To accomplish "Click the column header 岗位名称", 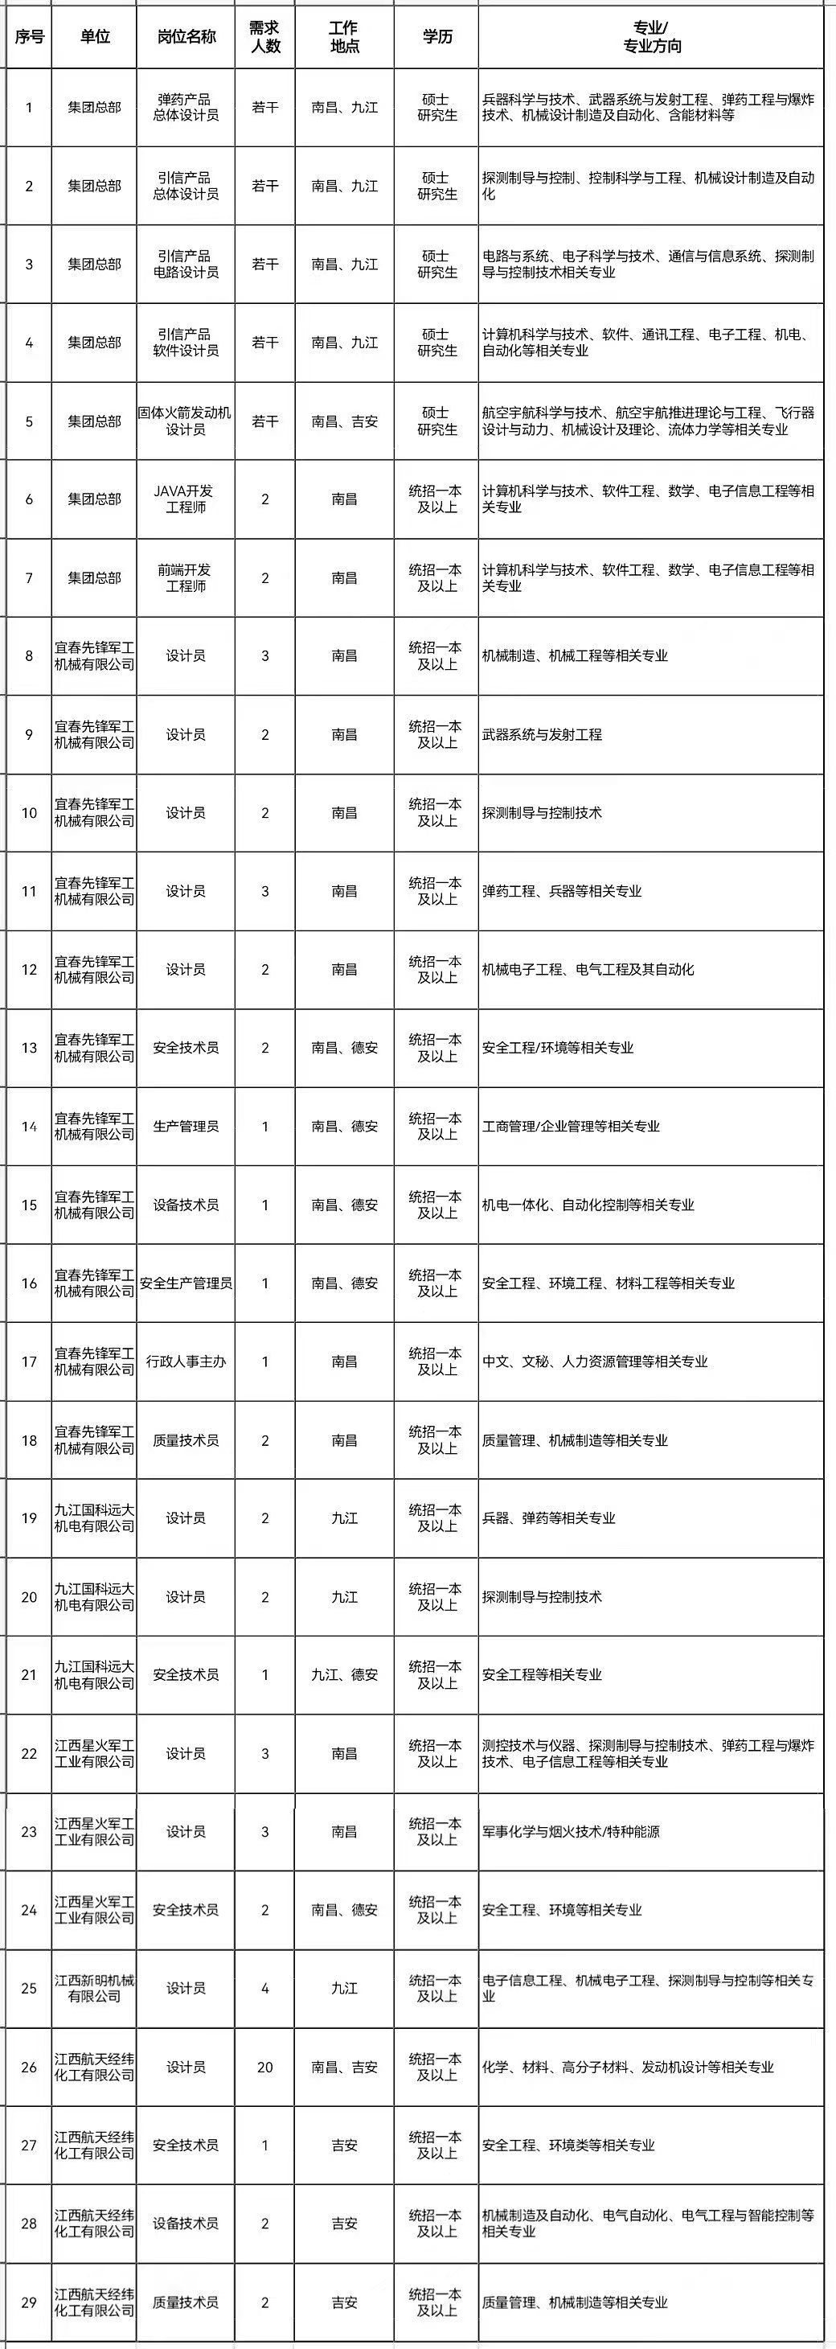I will [x=186, y=37].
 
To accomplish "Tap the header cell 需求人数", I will [x=265, y=37].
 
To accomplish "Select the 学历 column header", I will [x=436, y=37].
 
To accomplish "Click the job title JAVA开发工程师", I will [x=186, y=499].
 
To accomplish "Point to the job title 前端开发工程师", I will [x=186, y=577].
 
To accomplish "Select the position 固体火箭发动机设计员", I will [x=186, y=421].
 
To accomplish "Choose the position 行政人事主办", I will [x=186, y=1361].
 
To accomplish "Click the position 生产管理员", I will [x=186, y=1126].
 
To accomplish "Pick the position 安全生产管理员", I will [x=186, y=1283].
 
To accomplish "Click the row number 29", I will [x=28, y=2302].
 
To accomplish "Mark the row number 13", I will [x=28, y=1048].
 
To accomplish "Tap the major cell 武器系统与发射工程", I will [x=542, y=734].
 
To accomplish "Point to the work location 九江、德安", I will [x=345, y=1675].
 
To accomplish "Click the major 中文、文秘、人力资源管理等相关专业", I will [x=594, y=1361].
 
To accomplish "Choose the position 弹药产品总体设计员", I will [x=186, y=108].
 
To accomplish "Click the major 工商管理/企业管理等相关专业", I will [x=571, y=1126].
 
